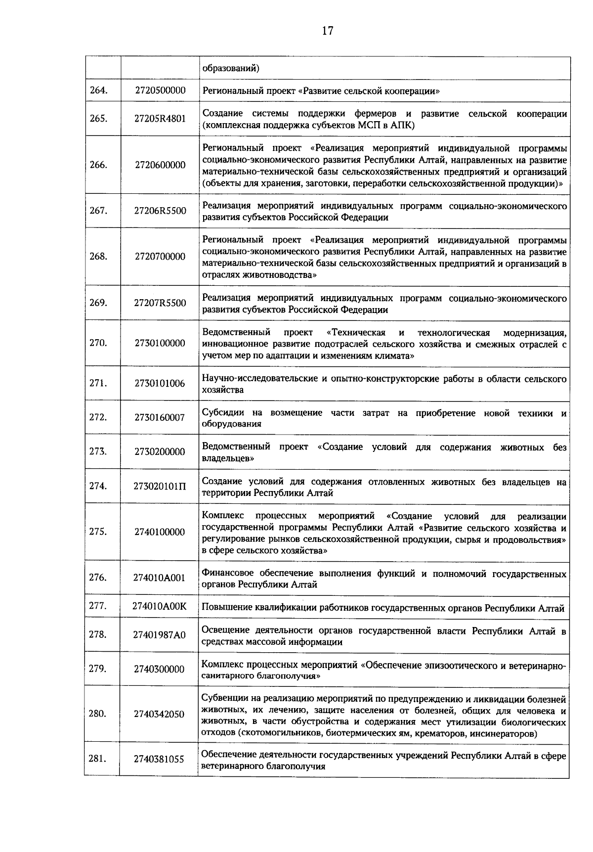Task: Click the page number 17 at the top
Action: (327, 31)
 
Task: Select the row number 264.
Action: (98, 90)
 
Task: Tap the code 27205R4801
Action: (160, 119)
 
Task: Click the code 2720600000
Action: (160, 165)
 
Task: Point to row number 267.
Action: (98, 211)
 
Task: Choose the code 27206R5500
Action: (160, 211)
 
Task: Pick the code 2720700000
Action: (160, 257)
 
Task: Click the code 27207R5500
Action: (160, 303)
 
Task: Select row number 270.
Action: (98, 343)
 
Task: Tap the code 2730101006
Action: (160, 383)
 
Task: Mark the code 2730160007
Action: (160, 417)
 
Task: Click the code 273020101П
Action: (160, 486)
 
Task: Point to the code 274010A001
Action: (159, 578)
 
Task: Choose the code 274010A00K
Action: (159, 606)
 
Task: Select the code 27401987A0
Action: (159, 635)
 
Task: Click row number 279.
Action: (98, 669)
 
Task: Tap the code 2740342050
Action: (159, 714)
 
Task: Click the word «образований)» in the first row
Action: (231, 68)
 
